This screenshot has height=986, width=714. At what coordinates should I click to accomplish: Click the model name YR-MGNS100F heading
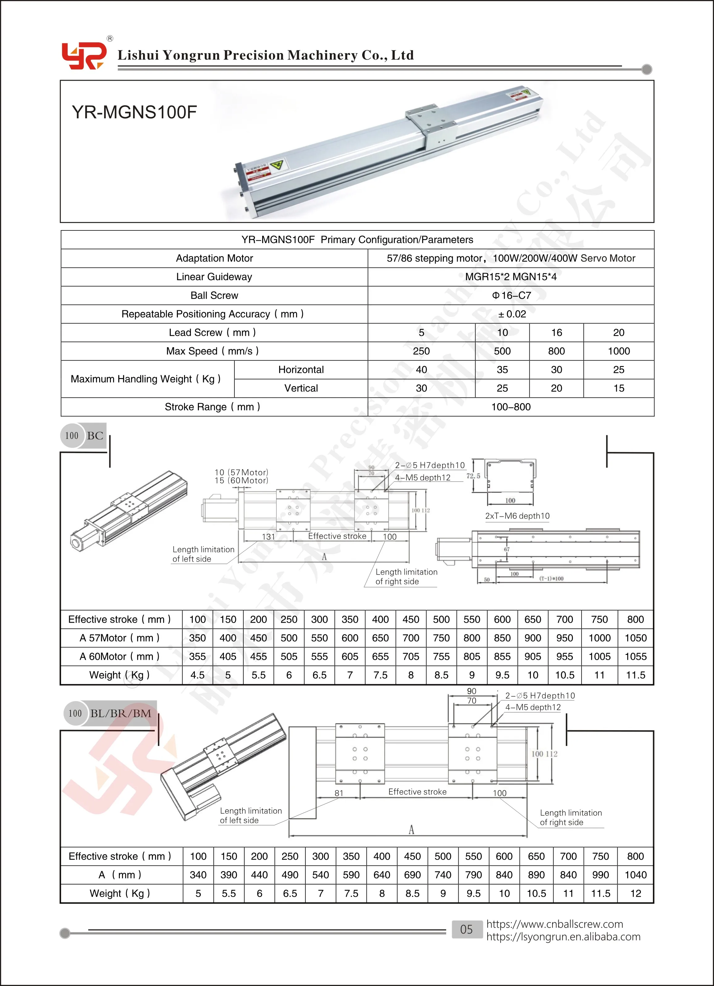(x=134, y=112)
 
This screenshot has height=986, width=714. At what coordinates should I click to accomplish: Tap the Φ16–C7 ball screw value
(x=511, y=296)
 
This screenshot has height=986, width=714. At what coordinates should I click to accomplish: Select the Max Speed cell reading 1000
(x=618, y=351)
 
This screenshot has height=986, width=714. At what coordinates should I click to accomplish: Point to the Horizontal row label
(x=301, y=370)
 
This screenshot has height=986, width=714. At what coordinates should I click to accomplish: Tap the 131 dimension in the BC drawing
(x=268, y=537)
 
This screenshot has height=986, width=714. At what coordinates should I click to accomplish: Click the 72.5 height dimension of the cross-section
(x=473, y=476)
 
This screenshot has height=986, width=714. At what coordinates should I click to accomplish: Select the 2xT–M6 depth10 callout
(x=517, y=516)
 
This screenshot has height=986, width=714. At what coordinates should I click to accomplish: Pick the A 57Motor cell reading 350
(x=197, y=638)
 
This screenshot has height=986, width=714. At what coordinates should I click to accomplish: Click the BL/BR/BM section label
(x=120, y=714)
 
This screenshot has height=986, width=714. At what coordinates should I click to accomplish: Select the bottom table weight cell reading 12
(x=635, y=893)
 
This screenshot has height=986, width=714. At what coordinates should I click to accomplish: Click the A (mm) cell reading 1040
(x=635, y=875)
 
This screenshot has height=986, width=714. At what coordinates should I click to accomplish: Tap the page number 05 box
(x=467, y=929)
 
